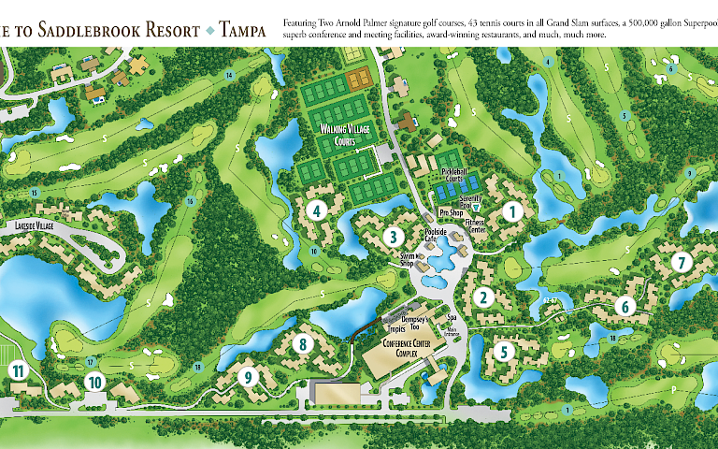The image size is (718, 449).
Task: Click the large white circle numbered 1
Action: coord(510,211)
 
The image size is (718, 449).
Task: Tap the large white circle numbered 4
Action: coord(318,211)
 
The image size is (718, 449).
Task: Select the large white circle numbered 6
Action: coord(625,305)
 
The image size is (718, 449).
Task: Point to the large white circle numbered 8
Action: coord(302,343)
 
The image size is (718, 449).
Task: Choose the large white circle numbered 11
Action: coord(18,371)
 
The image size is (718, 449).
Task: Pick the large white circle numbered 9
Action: coord(248,377)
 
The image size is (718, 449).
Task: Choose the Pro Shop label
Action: coord(452,212)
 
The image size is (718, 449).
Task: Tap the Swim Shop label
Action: coord(407,260)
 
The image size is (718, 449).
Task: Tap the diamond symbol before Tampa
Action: coord(210,32)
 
